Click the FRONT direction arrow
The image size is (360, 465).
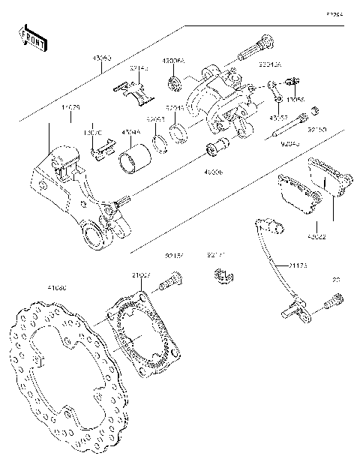(31, 38)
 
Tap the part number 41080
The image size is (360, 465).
(56, 287)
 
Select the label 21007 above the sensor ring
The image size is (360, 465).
(141, 275)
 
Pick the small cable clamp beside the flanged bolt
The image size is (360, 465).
(218, 277)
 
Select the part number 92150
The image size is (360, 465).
(316, 130)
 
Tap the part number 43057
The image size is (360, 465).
(279, 118)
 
